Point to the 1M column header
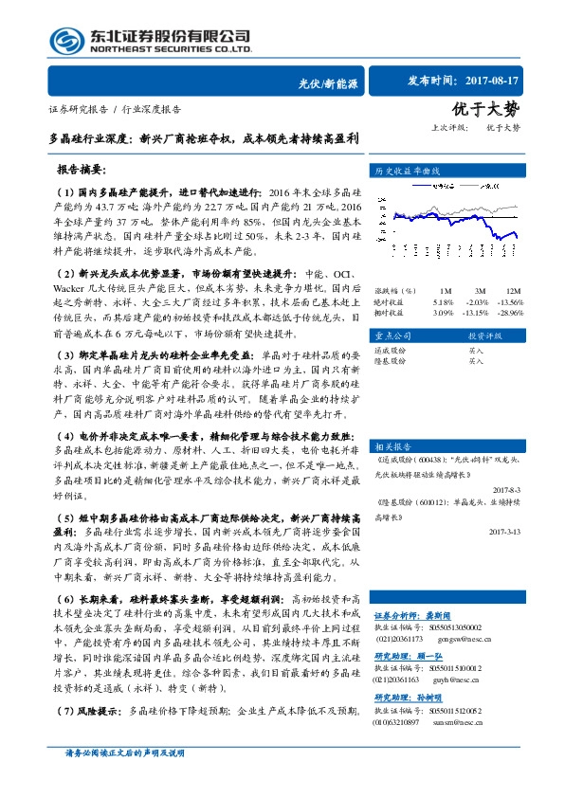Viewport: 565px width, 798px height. tap(446, 290)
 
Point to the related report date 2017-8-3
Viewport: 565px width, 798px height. tap(508, 490)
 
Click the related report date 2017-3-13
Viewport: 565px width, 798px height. tap(506, 532)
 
